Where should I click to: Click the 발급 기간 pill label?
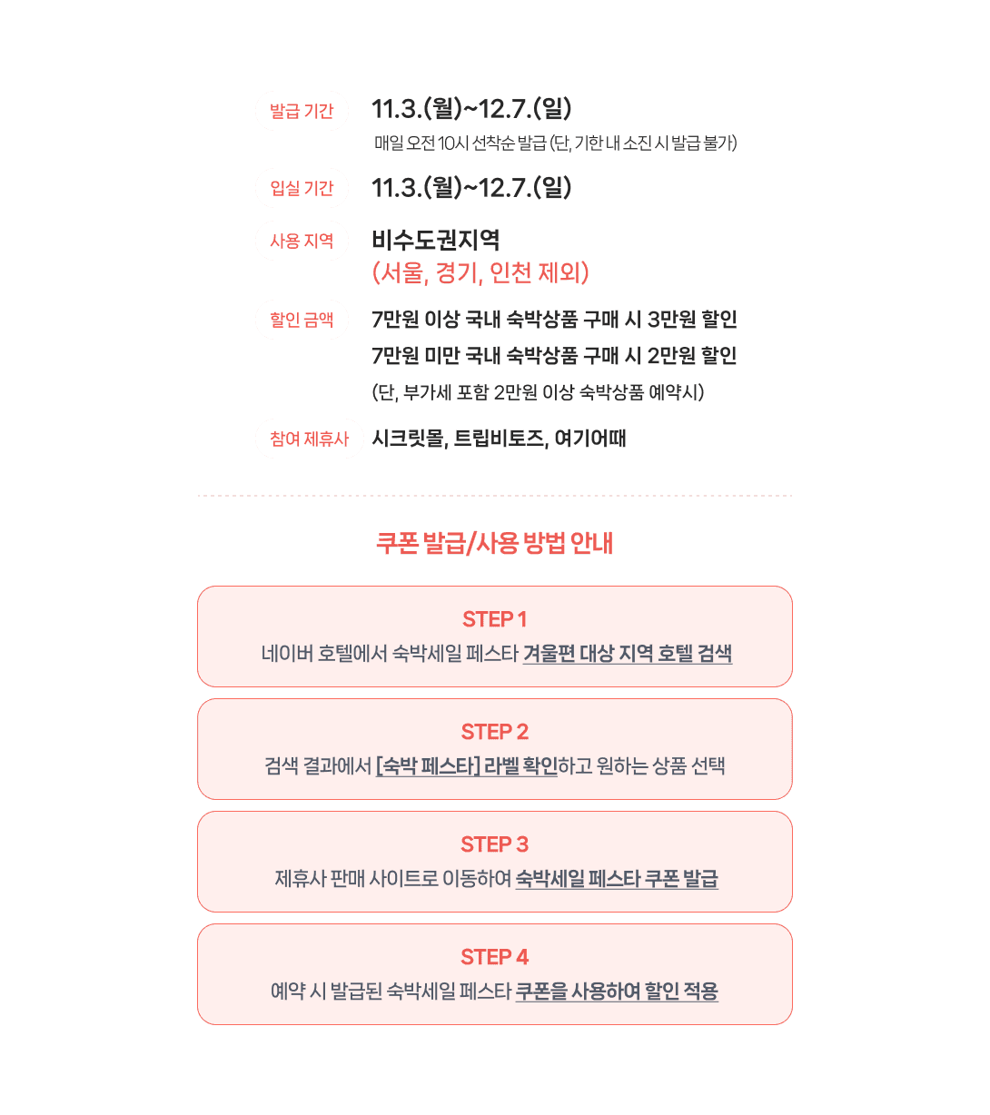(x=302, y=111)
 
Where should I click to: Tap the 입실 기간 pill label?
(x=302, y=188)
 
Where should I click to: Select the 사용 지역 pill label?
(x=302, y=241)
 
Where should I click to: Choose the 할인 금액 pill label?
(x=302, y=320)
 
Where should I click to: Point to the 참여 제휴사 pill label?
(x=309, y=439)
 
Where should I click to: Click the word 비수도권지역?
(x=436, y=241)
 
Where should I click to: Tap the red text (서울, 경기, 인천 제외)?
(x=481, y=272)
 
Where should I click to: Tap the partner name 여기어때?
(x=590, y=439)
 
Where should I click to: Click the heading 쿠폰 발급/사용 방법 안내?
(x=495, y=543)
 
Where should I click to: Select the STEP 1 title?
(x=495, y=619)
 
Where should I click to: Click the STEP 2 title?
(x=495, y=732)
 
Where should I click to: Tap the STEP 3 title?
(x=495, y=844)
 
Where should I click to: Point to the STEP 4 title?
(x=495, y=957)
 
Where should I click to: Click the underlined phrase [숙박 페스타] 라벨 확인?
(x=466, y=766)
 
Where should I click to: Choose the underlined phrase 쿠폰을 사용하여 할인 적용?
(x=617, y=992)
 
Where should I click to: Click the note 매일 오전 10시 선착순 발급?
(x=460, y=143)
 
